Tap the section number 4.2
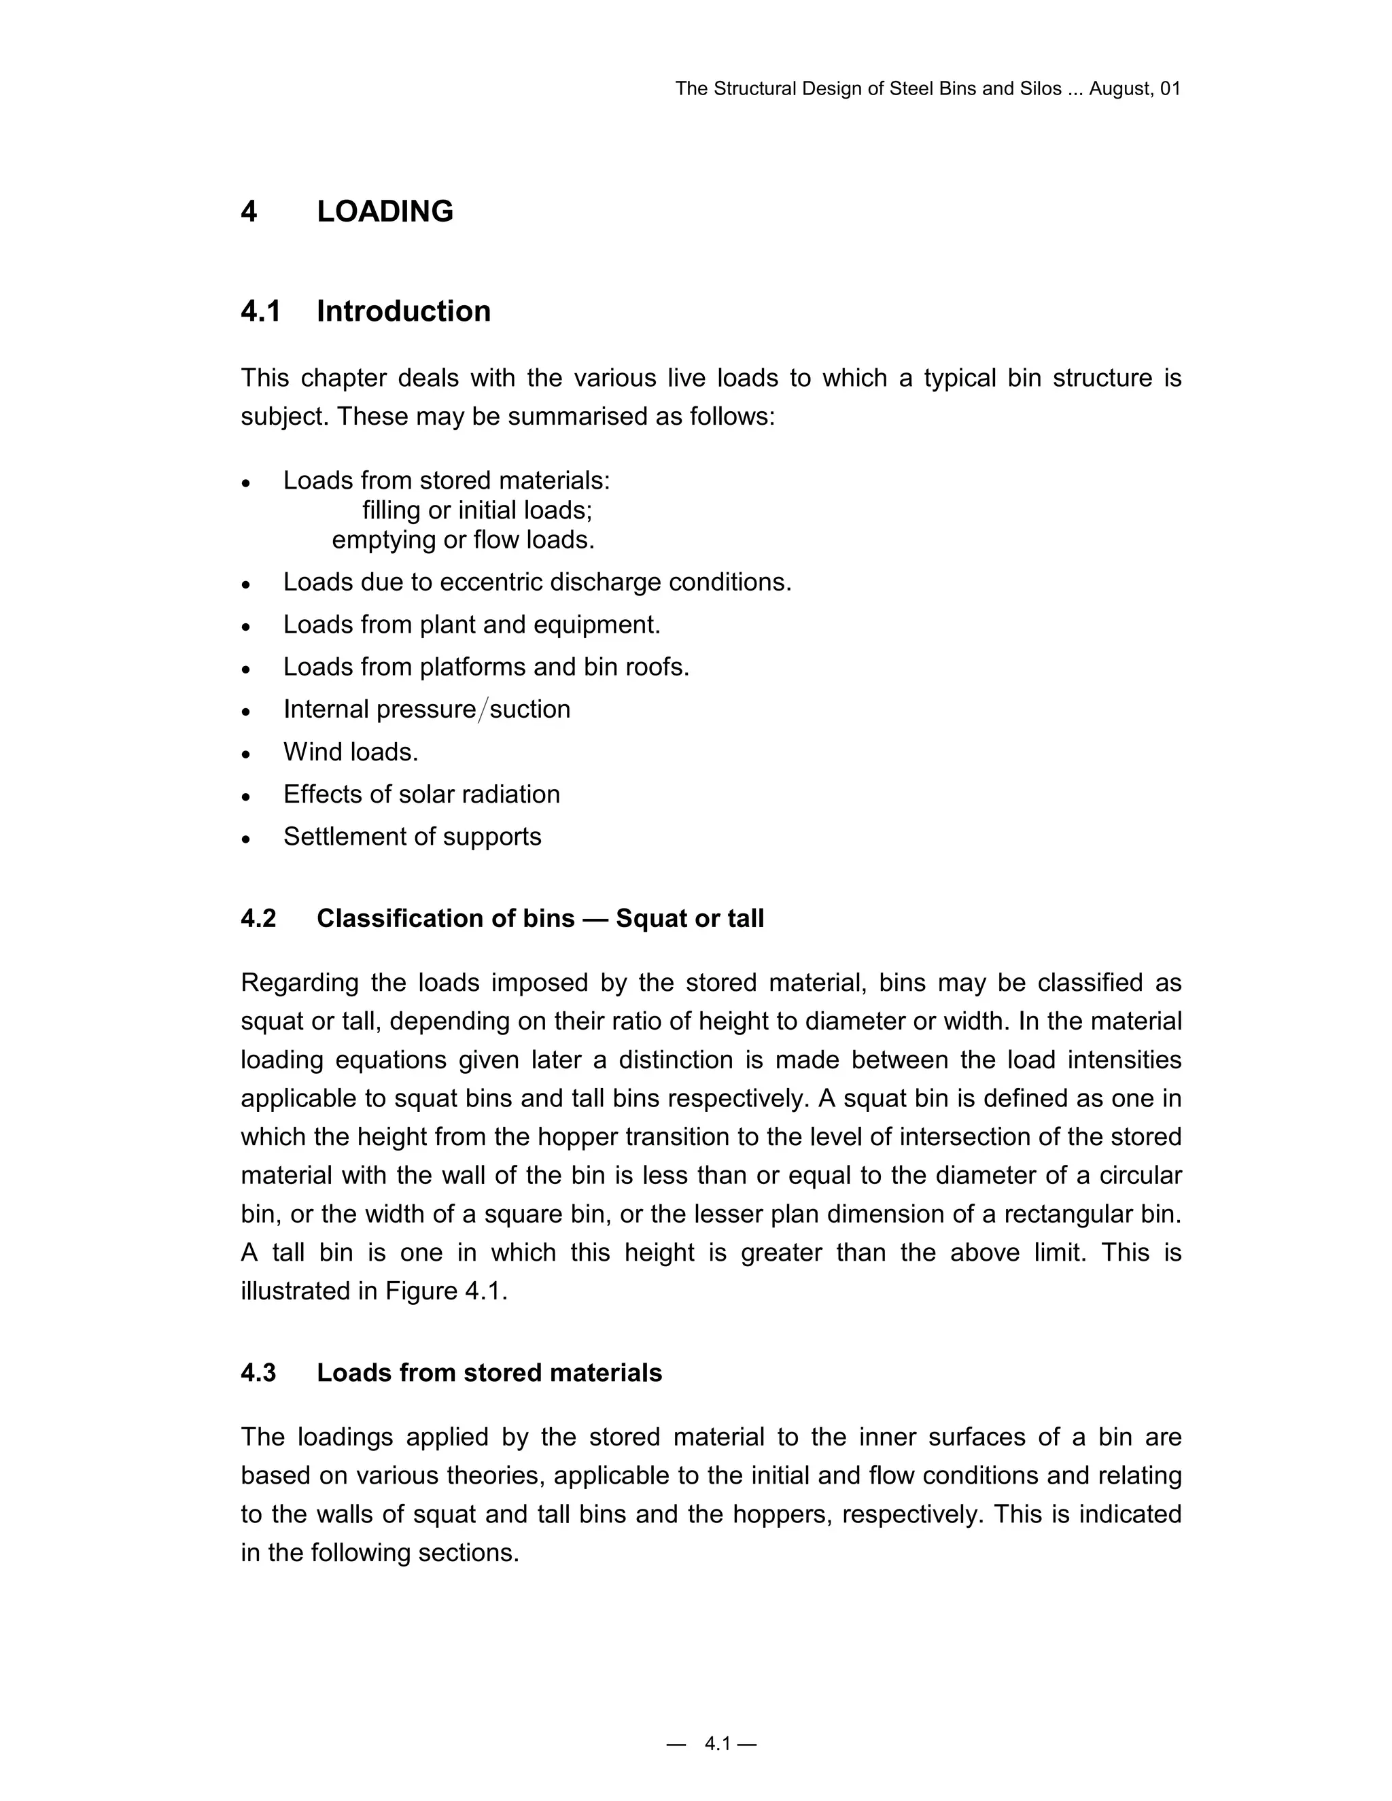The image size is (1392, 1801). (258, 919)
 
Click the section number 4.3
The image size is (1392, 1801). (258, 1373)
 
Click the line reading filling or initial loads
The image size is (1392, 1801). (476, 510)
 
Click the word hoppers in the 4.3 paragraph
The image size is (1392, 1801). (780, 1515)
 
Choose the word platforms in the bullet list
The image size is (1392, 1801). (472, 667)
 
